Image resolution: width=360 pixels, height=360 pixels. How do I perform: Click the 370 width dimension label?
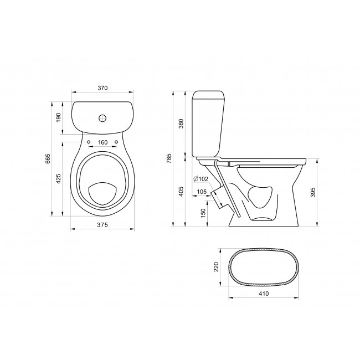coord(102,88)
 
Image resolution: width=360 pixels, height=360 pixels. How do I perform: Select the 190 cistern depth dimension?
coord(59,117)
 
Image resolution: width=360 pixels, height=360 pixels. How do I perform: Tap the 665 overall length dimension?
coord(48,158)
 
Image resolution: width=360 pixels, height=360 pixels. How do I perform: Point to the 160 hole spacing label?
coord(102,142)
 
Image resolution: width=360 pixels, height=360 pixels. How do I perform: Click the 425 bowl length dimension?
coord(59,179)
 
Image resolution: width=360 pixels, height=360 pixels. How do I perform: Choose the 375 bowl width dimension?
coord(102,225)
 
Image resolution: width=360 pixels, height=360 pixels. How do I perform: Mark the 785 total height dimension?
coord(169,158)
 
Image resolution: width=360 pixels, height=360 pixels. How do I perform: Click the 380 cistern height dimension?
coord(181,124)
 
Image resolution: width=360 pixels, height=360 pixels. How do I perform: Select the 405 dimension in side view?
coord(181,191)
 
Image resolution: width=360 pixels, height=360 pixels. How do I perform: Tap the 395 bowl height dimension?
coord(313,192)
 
